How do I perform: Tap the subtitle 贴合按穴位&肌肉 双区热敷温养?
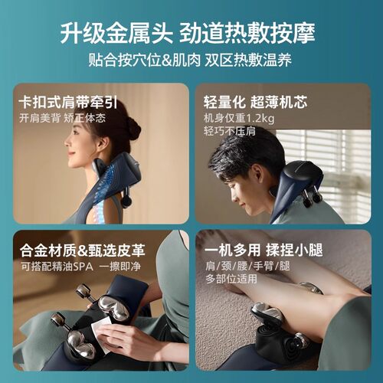click(x=191, y=60)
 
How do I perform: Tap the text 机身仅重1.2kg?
click(x=239, y=119)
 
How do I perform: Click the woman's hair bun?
click(x=133, y=127)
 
